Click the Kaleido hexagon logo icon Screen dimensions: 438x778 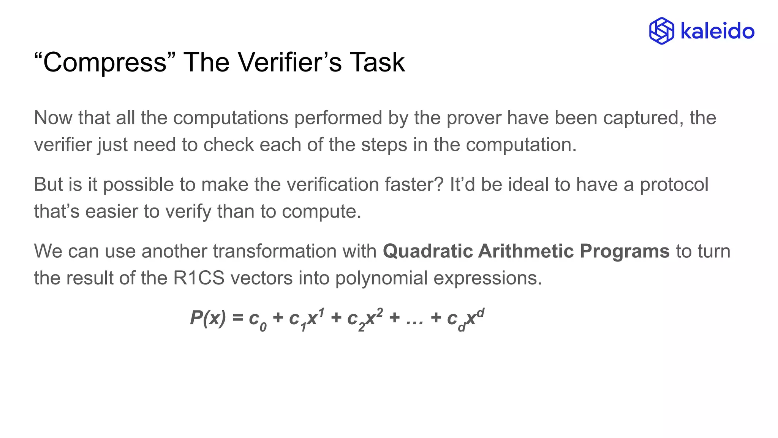click(x=661, y=31)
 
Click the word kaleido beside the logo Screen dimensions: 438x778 click(x=717, y=31)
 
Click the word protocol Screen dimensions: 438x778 click(x=674, y=185)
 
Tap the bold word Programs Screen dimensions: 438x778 click(x=625, y=251)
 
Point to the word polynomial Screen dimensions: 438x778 click(x=381, y=278)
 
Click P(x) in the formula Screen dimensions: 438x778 click(x=208, y=318)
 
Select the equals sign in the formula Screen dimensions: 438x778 click(x=238, y=318)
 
